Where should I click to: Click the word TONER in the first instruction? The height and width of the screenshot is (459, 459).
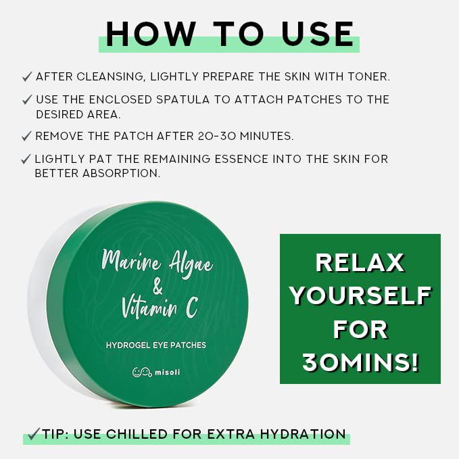(367, 76)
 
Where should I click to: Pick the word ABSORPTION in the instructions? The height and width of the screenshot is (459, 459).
(124, 173)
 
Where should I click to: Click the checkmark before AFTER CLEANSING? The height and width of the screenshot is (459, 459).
(27, 76)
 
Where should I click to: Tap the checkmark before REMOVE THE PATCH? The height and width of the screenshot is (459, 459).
(27, 136)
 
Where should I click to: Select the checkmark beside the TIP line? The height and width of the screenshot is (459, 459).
(32, 433)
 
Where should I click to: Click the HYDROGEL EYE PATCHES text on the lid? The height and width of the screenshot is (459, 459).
(156, 345)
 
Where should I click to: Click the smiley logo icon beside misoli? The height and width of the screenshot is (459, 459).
(141, 372)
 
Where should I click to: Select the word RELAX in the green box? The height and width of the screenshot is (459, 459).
(360, 262)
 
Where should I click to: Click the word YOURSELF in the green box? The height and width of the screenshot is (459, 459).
(360, 296)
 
